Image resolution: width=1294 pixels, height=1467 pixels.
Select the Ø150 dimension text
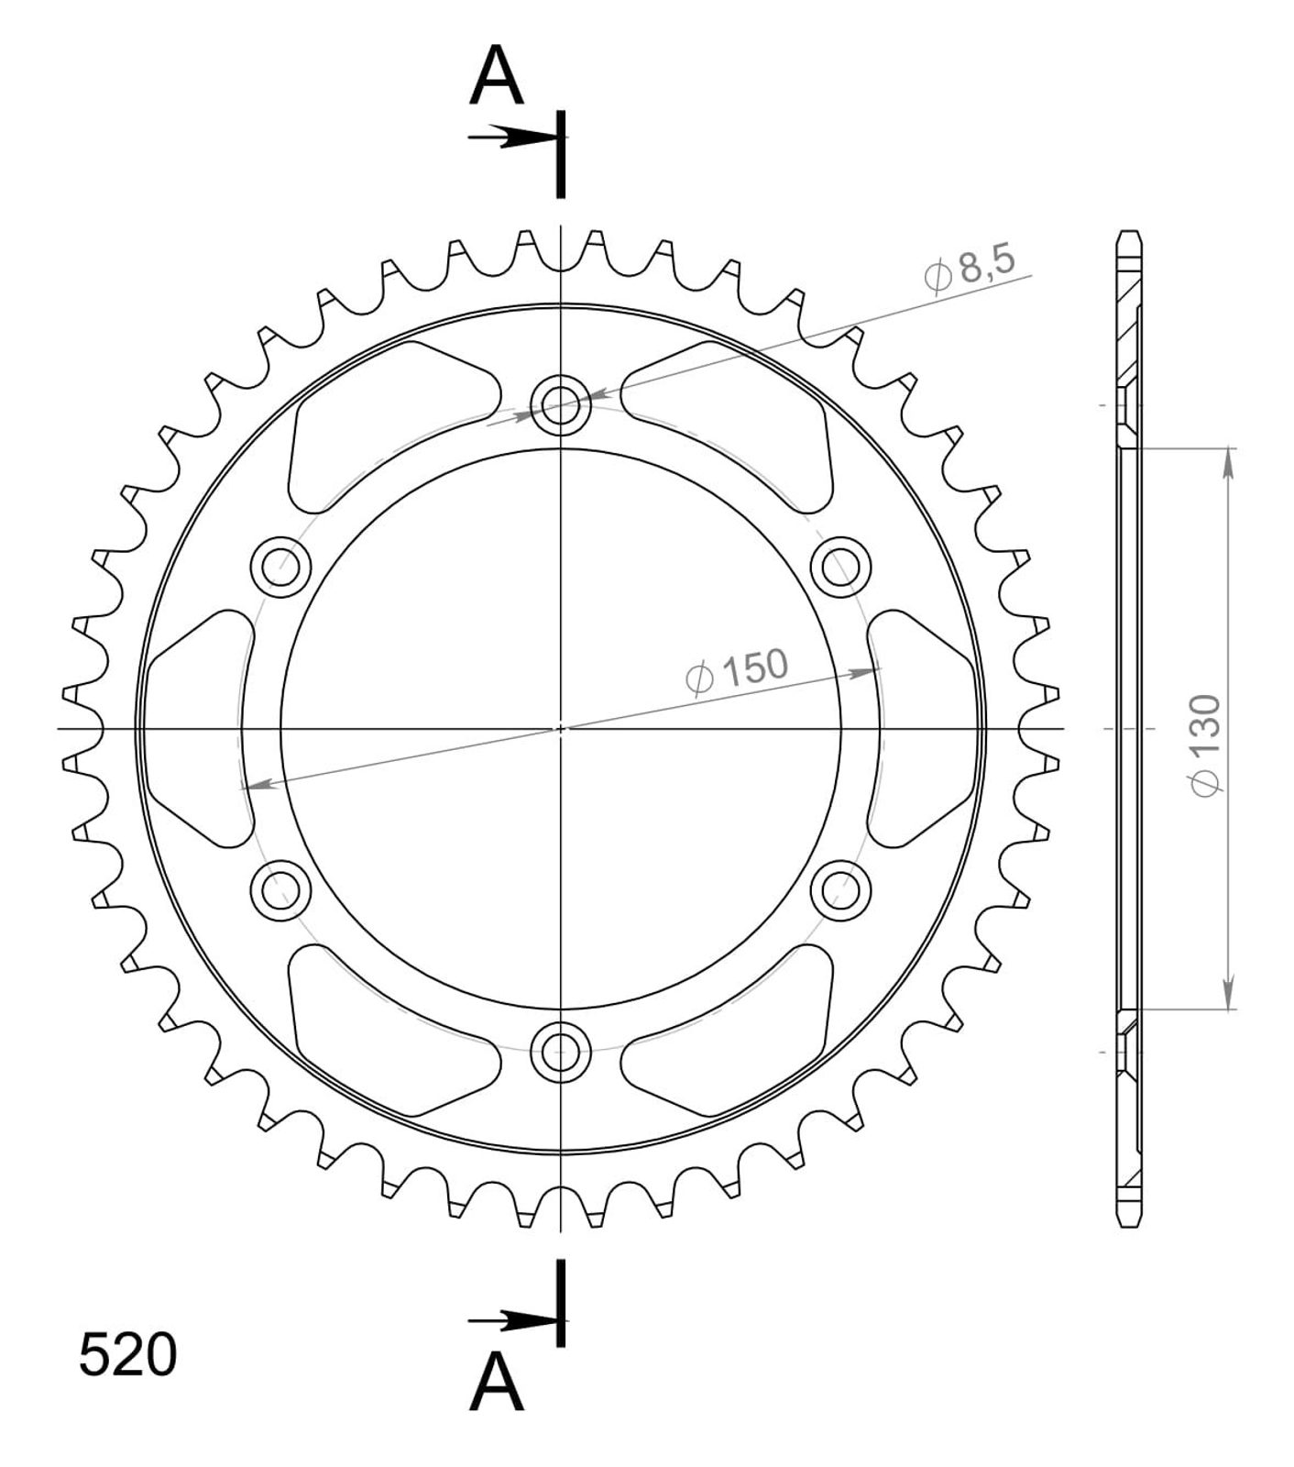pyautogui.click(x=736, y=670)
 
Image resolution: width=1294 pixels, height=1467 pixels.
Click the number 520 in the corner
pyautogui.click(x=127, y=1355)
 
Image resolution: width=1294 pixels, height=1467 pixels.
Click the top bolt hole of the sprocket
pyautogui.click(x=561, y=403)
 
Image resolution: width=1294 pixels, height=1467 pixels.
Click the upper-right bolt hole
pyautogui.click(x=841, y=566)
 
